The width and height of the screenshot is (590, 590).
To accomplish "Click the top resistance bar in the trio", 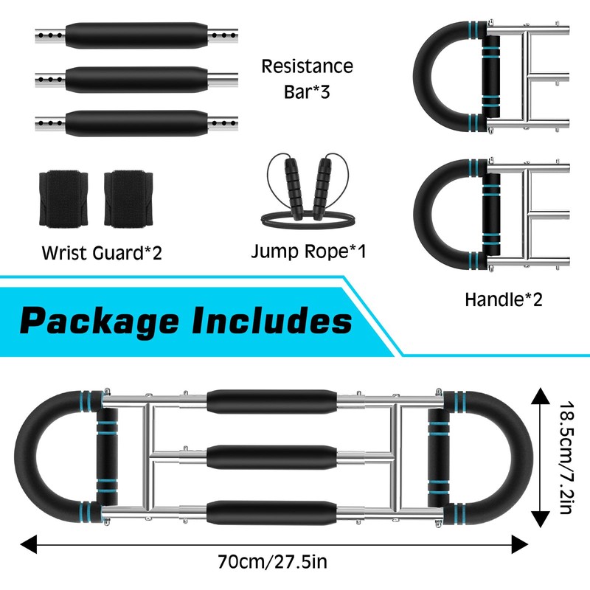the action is point(136,35).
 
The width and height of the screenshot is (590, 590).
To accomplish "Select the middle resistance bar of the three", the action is point(136,77).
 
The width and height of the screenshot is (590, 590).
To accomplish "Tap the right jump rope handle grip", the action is point(325,177).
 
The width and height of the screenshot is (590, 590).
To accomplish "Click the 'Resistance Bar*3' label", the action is point(308,79).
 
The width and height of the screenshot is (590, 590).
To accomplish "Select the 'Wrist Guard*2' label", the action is point(101,253).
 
